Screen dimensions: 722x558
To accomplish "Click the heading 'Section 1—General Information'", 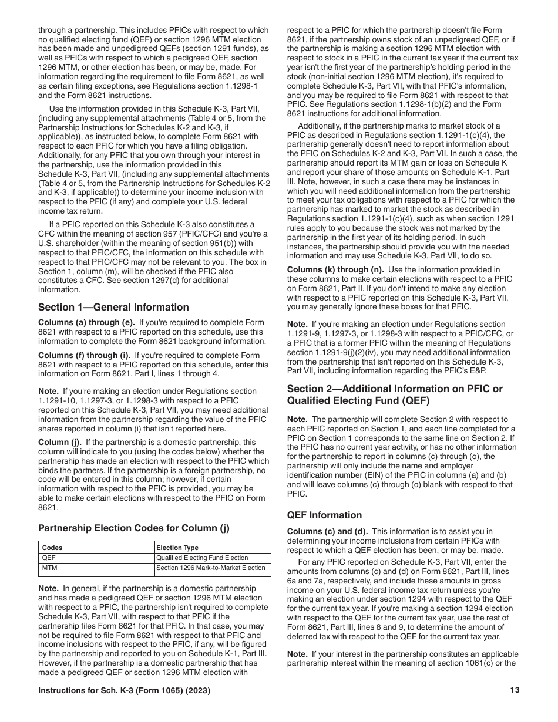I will tap(113, 307).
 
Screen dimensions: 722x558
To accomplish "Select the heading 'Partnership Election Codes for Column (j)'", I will tap(134, 527).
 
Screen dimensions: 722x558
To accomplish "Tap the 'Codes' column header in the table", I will tap(52, 548).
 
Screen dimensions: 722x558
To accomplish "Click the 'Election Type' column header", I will tap(177, 548).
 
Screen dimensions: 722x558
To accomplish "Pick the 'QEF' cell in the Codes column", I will tap(49, 558).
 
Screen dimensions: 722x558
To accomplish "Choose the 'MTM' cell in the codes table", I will tap(49, 568).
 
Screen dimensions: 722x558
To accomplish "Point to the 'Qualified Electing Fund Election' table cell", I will tap(202, 558).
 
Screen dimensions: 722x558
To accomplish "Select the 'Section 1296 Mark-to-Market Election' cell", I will tap(211, 568).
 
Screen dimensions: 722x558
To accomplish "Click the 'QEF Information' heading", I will tap(324, 515).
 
